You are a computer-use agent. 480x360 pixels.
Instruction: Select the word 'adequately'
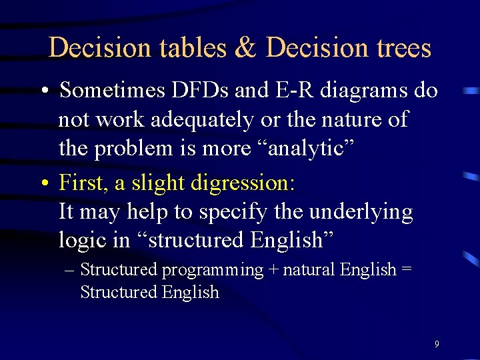[202, 120]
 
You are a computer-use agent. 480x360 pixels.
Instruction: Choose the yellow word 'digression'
[252, 182]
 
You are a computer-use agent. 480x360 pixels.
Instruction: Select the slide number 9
[437, 344]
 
